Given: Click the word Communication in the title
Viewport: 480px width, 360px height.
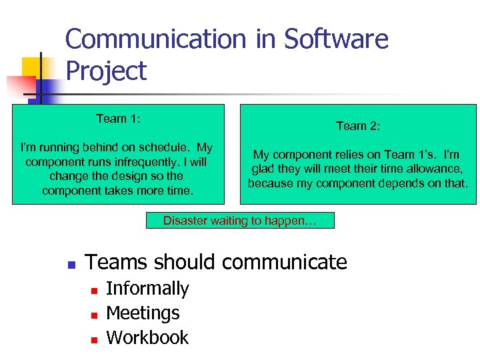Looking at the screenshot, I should coord(157,39).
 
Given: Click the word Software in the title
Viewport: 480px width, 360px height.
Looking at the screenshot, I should coord(336,39).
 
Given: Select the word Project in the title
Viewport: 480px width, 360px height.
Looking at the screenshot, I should coord(106,71).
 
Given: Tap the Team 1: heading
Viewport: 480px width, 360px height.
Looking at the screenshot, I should coord(118,119).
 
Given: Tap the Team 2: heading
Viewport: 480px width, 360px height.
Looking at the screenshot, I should coord(358,125).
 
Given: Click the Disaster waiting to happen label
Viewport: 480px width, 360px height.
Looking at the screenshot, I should coord(240,221).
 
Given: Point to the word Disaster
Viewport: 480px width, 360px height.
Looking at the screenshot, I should coord(185,221).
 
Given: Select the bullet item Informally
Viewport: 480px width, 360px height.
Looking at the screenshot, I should coord(147,289).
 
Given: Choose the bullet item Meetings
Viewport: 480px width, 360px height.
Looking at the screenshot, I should coord(143,313).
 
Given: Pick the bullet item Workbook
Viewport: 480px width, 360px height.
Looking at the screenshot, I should coord(147,338).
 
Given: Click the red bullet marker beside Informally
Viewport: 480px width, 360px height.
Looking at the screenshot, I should coord(94,290).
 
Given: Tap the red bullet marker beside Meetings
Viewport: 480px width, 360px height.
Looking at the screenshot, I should coord(94,315).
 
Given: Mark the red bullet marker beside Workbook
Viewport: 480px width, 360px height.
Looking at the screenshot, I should coord(94,339).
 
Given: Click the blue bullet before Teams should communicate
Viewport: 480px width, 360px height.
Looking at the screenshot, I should coord(71,264).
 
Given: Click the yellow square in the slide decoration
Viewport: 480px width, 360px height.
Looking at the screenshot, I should coord(32,67).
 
